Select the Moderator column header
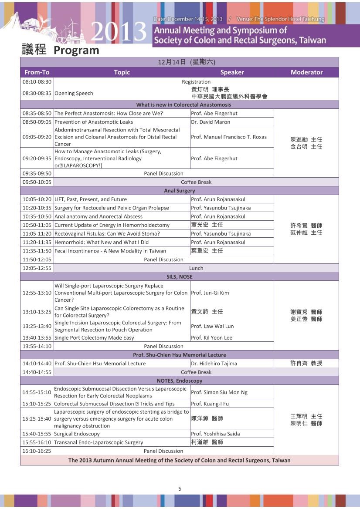(306, 72)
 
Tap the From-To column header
(37, 72)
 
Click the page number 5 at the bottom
(180, 489)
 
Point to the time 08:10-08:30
(37, 81)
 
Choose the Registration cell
(196, 81)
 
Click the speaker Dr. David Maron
(211, 122)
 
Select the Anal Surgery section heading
(180, 191)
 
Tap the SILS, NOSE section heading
(180, 276)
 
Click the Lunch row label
(196, 268)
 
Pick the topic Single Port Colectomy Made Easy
(94, 337)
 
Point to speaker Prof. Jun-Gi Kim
(210, 293)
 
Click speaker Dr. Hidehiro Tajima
(214, 363)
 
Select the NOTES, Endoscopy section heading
(180, 381)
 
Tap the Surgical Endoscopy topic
(77, 434)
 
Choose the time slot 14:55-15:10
(37, 392)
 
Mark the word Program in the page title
(76, 50)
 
